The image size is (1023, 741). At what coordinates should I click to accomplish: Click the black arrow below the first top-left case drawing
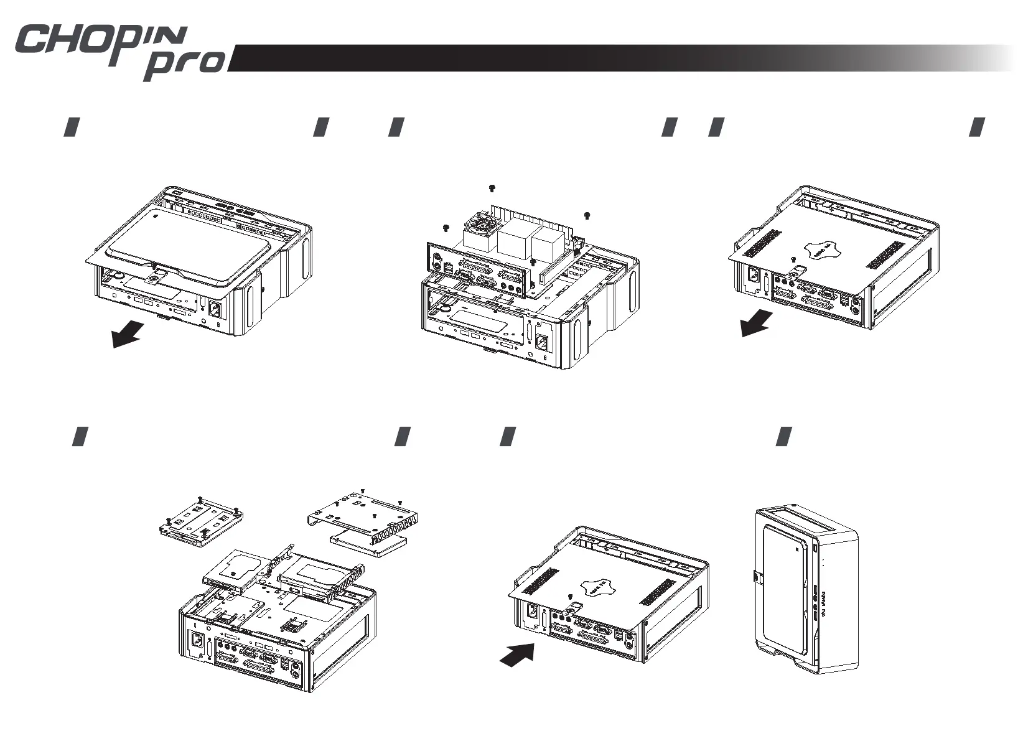[x=128, y=336]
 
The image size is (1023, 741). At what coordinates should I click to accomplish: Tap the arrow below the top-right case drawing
[x=757, y=324]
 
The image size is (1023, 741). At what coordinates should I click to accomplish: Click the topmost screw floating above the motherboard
[x=492, y=188]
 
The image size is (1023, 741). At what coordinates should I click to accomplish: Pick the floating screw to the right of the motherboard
[x=587, y=215]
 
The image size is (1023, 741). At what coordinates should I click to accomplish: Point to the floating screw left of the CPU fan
[x=446, y=227]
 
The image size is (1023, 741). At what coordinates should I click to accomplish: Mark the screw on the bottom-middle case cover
[x=571, y=596]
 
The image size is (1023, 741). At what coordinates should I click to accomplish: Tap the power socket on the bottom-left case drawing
[x=197, y=640]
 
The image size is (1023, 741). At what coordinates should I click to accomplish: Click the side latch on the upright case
[x=755, y=577]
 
